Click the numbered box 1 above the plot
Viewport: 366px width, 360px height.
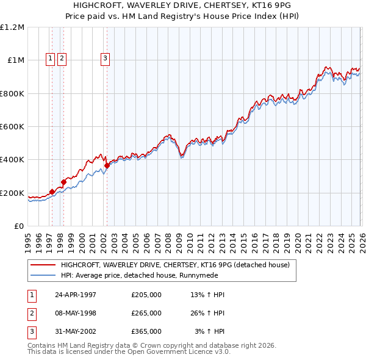point(49,59)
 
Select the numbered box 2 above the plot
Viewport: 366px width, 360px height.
point(62,59)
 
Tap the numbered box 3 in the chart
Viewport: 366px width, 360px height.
point(105,59)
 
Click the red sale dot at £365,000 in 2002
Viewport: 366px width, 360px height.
point(107,165)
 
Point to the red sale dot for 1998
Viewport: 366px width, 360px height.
point(63,182)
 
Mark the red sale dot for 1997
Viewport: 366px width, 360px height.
point(52,192)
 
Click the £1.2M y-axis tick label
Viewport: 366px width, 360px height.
point(12,27)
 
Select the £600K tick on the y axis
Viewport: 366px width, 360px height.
point(12,127)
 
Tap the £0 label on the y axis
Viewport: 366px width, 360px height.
point(19,226)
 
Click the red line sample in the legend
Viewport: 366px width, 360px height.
point(43,265)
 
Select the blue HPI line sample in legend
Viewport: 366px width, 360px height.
point(43,275)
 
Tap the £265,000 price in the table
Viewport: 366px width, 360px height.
point(146,313)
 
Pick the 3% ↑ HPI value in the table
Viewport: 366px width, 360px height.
point(209,331)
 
